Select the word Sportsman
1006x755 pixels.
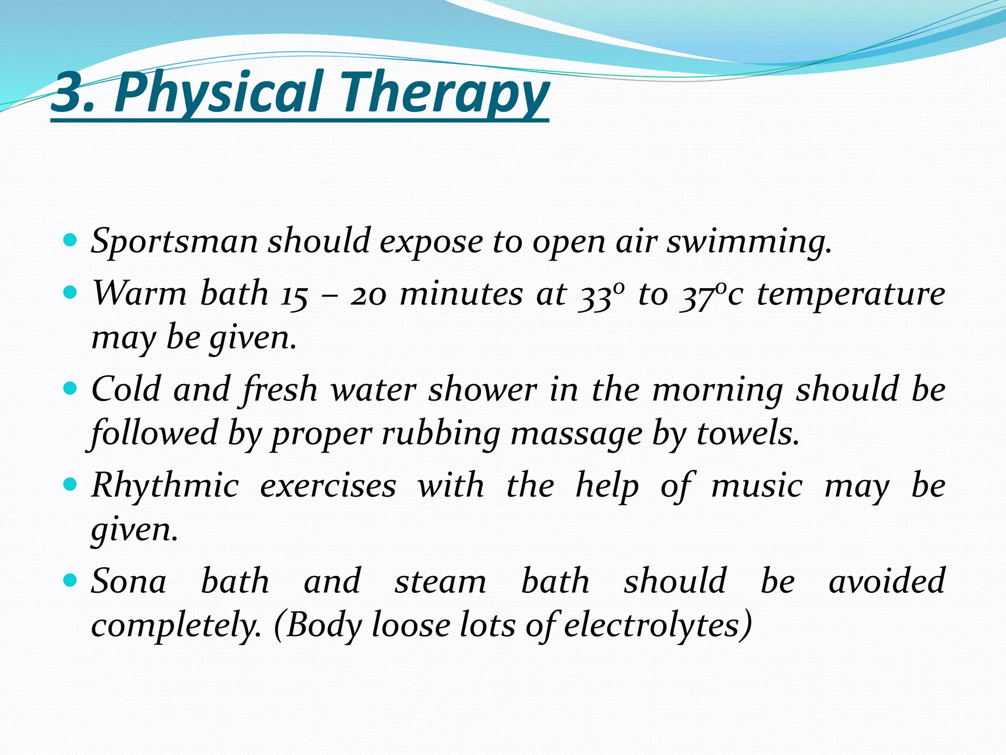(x=174, y=242)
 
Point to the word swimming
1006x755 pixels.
(x=749, y=242)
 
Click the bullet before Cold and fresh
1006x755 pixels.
(x=71, y=389)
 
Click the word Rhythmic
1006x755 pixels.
(x=166, y=486)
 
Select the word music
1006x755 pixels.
(x=756, y=486)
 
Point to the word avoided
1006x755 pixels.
(x=887, y=581)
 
